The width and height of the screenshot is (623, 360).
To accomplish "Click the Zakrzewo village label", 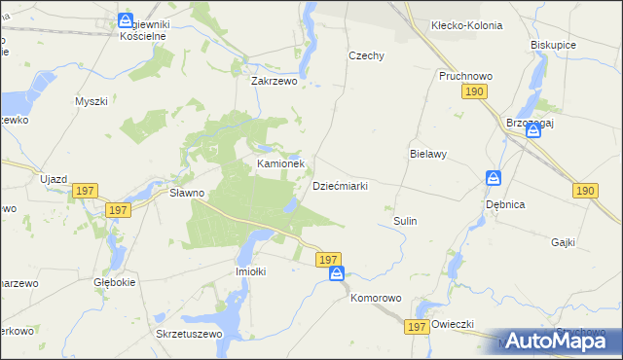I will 274,82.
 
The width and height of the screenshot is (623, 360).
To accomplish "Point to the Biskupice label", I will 554,45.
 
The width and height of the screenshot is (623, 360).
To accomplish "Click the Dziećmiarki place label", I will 339,185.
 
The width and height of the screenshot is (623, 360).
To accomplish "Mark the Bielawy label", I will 427,154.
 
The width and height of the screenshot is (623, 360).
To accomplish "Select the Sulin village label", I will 405,221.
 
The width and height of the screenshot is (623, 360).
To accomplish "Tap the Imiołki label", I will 251,271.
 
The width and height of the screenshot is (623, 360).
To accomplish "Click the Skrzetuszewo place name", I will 189,333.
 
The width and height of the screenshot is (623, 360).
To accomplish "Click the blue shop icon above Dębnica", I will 494,179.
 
